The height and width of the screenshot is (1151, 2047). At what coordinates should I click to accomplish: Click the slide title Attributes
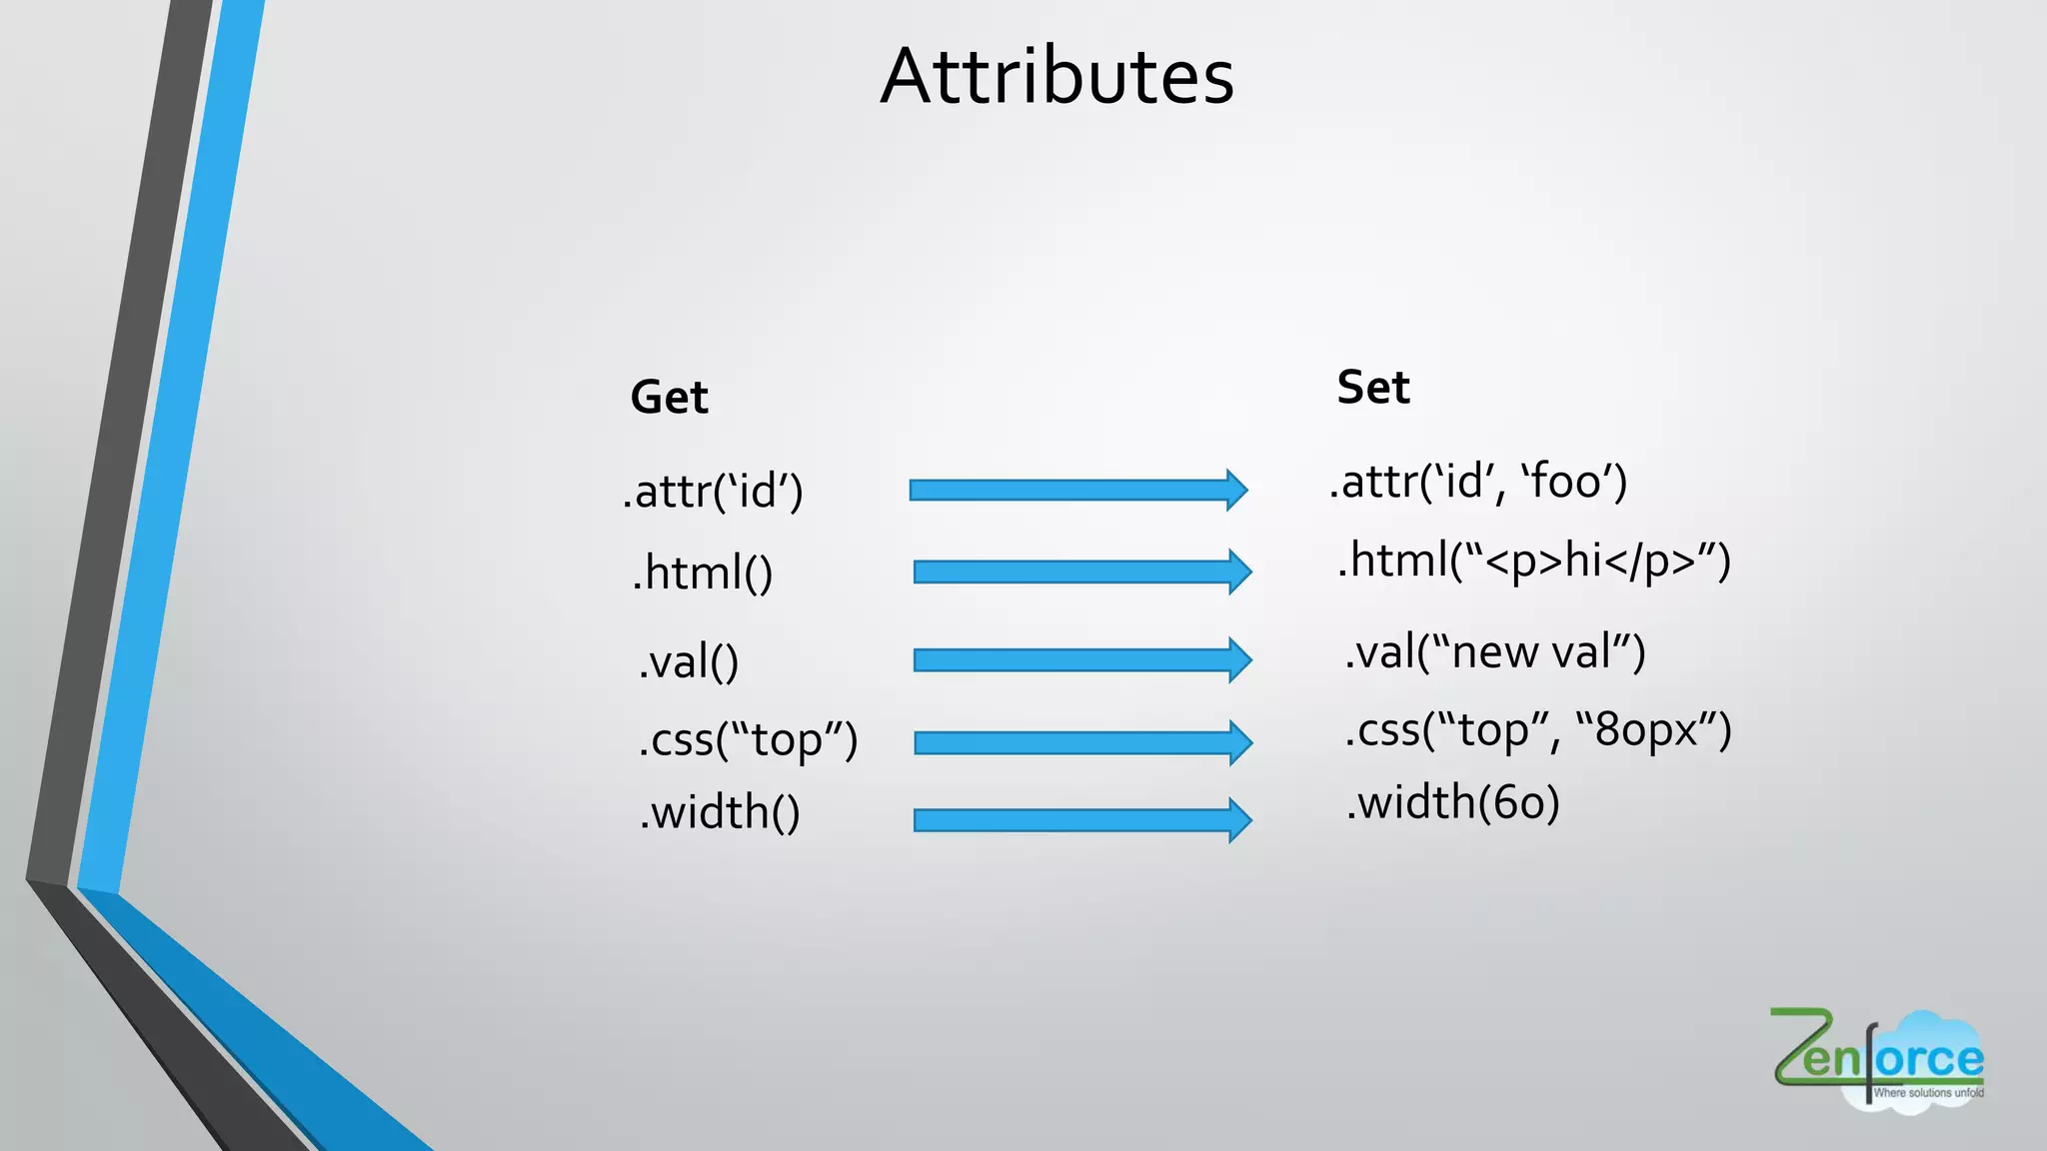(1056, 77)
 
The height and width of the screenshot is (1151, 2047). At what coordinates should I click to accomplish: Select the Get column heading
(669, 398)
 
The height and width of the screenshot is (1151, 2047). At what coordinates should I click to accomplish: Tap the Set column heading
(1372, 388)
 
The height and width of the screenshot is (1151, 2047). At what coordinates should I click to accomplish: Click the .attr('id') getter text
(713, 492)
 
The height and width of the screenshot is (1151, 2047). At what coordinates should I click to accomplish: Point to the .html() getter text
(703, 574)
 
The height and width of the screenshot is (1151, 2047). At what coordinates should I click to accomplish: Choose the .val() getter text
(689, 661)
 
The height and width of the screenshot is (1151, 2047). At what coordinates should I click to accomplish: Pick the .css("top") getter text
(748, 740)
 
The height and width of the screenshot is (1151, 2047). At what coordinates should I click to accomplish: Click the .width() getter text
(720, 812)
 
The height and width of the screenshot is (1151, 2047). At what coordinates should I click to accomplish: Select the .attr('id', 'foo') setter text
(1478, 483)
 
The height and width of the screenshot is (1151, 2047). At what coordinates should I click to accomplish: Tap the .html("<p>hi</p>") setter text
(1533, 562)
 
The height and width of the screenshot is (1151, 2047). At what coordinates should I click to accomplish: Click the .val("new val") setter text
(1494, 652)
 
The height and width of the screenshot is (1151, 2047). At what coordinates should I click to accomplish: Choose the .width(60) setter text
(1452, 803)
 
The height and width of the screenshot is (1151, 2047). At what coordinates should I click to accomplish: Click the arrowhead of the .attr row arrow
(1237, 490)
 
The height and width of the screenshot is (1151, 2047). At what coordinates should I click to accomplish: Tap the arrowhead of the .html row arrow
(1240, 572)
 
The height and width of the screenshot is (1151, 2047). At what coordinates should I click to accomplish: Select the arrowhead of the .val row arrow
(1240, 659)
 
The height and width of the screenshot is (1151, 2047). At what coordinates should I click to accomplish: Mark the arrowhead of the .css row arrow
(1240, 742)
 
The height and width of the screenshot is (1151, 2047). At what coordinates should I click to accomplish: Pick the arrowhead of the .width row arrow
(1240, 820)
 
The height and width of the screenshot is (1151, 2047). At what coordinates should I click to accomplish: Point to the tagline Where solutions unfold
(1928, 1093)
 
